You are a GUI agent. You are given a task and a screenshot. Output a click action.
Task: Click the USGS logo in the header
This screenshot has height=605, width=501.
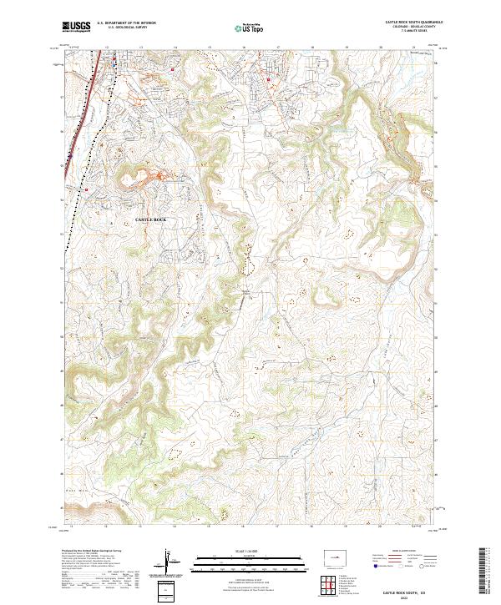pos(74,27)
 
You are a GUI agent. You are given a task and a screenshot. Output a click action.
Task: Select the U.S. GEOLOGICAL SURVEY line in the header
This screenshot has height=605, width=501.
pos(121,28)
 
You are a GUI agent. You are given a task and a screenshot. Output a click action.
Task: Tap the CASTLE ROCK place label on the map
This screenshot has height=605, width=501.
pos(151,219)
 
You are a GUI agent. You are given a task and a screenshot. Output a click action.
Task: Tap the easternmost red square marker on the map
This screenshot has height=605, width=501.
pos(268,80)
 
